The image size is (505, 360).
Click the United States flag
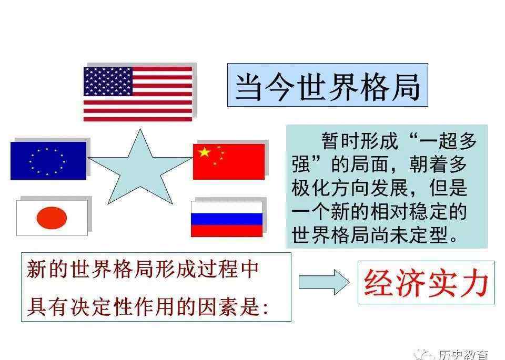[138, 94]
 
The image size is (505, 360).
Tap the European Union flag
[48, 161]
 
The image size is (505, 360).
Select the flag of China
[229, 161]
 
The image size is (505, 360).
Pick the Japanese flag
[52, 218]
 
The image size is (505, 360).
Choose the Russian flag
[227, 219]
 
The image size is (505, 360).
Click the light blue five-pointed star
[140, 169]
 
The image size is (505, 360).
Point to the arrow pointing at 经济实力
[324, 282]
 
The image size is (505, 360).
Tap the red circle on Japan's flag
[52, 218]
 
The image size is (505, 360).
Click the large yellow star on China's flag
[204, 152]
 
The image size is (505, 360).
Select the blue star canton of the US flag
[108, 81]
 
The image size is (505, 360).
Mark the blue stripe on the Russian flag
[227, 219]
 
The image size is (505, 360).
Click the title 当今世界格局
[328, 87]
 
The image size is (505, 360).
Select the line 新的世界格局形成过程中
[143, 269]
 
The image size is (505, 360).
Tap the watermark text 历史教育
[463, 355]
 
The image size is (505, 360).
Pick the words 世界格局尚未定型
[370, 235]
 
